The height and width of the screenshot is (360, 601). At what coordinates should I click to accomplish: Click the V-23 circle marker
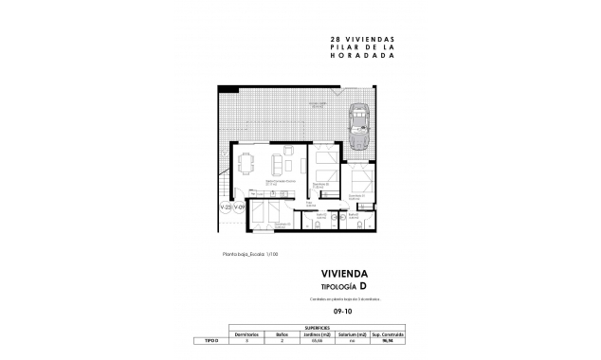coord(226,206)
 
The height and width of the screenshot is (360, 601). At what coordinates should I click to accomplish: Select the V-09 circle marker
coord(241,206)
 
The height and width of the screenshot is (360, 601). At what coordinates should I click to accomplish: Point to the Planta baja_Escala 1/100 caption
coord(250,254)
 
